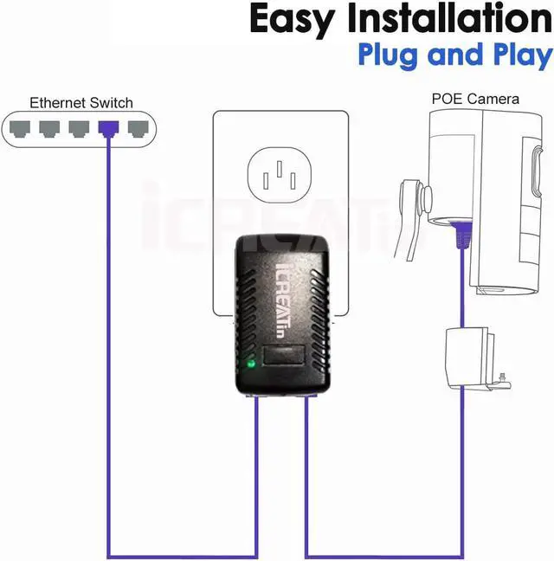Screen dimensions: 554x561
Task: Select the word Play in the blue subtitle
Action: pyautogui.click(x=517, y=55)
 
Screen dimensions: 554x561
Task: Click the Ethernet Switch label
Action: pyautogui.click(x=81, y=102)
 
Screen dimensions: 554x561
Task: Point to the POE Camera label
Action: pyautogui.click(x=475, y=99)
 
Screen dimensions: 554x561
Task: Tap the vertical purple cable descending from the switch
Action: pyautogui.click(x=108, y=346)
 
